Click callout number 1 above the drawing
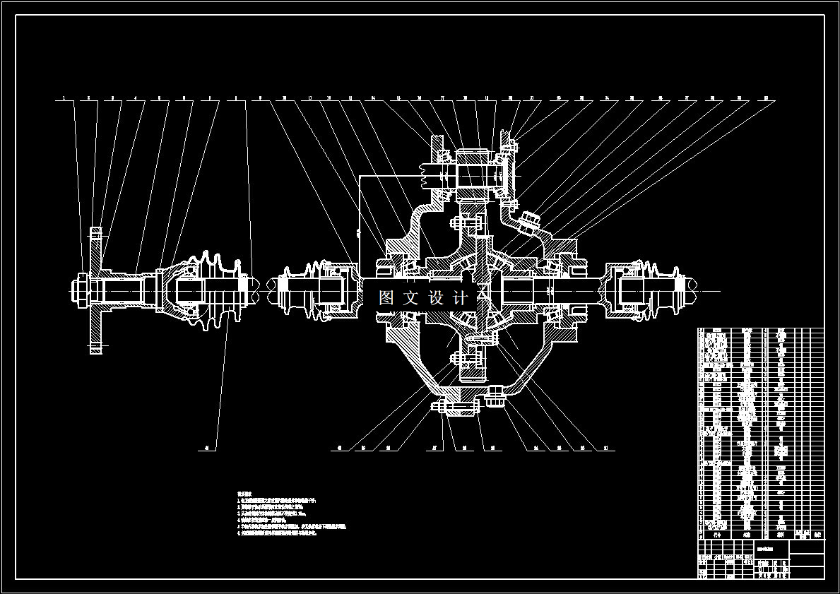[x=64, y=98]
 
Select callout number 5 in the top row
[x=160, y=98]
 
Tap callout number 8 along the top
[x=236, y=98]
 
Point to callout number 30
[x=765, y=98]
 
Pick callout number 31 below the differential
[x=607, y=448]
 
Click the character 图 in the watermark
[x=386, y=297]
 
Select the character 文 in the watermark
[x=411, y=297]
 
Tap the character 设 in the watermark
[x=437, y=297]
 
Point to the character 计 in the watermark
[x=461, y=297]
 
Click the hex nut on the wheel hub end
[x=77, y=290]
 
